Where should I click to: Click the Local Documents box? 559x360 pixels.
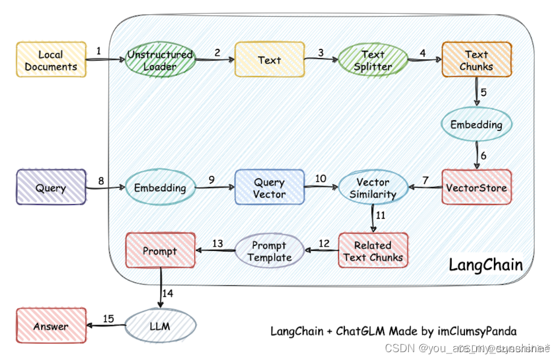pos(51,59)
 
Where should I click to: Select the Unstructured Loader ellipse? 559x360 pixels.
pos(160,60)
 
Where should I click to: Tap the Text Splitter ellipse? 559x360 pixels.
pos(373,60)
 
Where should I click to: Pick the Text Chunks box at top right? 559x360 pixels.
pos(476,60)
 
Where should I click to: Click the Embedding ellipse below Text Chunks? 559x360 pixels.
pos(476,125)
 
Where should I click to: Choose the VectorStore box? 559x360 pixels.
pos(476,188)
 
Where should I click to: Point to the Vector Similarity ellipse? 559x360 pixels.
pos(373,188)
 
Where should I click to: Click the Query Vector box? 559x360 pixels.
pos(269,188)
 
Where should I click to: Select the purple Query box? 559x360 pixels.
pos(51,188)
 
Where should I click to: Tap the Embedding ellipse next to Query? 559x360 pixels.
pos(160,188)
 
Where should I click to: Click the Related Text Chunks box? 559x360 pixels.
pos(373,251)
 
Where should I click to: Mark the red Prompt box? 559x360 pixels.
pos(160,251)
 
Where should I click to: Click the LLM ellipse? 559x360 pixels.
pos(160,326)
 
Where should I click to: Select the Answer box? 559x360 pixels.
pos(51,326)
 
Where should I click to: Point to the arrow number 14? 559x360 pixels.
pos(168,293)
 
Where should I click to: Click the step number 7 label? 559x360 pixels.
pos(425,180)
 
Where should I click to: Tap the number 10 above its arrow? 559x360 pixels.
pos(320,178)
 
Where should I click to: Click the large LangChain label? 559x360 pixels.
pos(485,264)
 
